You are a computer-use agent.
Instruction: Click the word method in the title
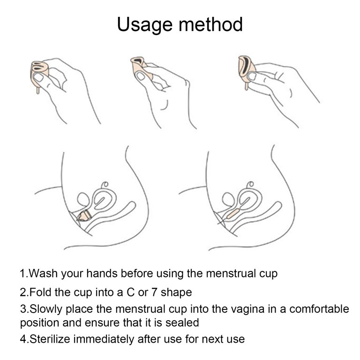(x=211, y=24)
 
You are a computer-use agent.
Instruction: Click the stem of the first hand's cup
(x=37, y=90)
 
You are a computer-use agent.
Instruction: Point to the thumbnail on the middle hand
(x=141, y=76)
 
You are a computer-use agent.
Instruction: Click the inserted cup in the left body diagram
(x=84, y=216)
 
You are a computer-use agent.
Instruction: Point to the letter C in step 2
(x=130, y=292)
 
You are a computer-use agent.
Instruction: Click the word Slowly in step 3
(x=46, y=309)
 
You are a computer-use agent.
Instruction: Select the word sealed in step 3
(x=182, y=322)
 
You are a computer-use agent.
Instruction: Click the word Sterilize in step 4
(x=50, y=339)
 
